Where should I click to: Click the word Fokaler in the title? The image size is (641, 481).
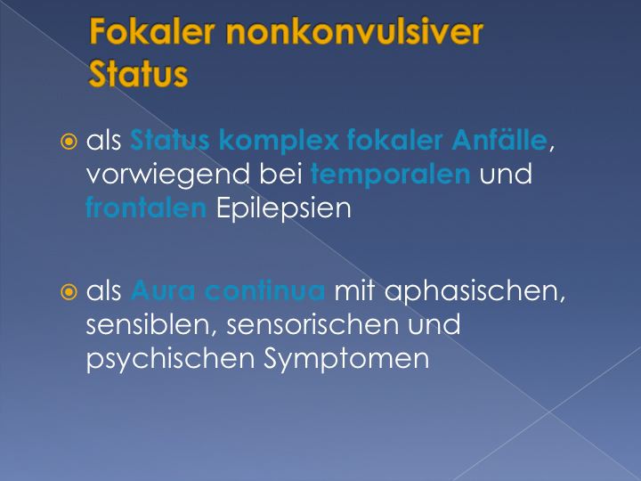pyautogui.click(x=151, y=31)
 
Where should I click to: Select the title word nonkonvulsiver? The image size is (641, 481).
pyautogui.click(x=355, y=31)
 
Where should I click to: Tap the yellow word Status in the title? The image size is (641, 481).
pyautogui.click(x=138, y=74)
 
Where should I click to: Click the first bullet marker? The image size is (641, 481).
pyautogui.click(x=69, y=142)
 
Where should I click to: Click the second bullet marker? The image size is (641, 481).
pyautogui.click(x=69, y=292)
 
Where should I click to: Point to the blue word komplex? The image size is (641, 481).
pyautogui.click(x=280, y=141)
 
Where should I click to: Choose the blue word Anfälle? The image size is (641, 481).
pyautogui.click(x=499, y=140)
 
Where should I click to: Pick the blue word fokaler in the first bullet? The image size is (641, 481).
pyautogui.click(x=395, y=140)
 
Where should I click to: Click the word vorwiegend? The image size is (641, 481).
pyautogui.click(x=168, y=175)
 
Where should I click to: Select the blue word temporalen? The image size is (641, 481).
pyautogui.click(x=391, y=175)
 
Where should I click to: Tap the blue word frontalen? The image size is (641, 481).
pyautogui.click(x=146, y=208)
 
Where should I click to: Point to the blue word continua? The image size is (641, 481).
pyautogui.click(x=265, y=290)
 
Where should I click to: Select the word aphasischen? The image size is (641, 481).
pyautogui.click(x=475, y=291)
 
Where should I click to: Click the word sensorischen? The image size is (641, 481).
pyautogui.click(x=312, y=325)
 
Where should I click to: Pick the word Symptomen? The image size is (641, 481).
pyautogui.click(x=346, y=360)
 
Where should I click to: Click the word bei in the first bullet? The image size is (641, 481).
pyautogui.click(x=280, y=175)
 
